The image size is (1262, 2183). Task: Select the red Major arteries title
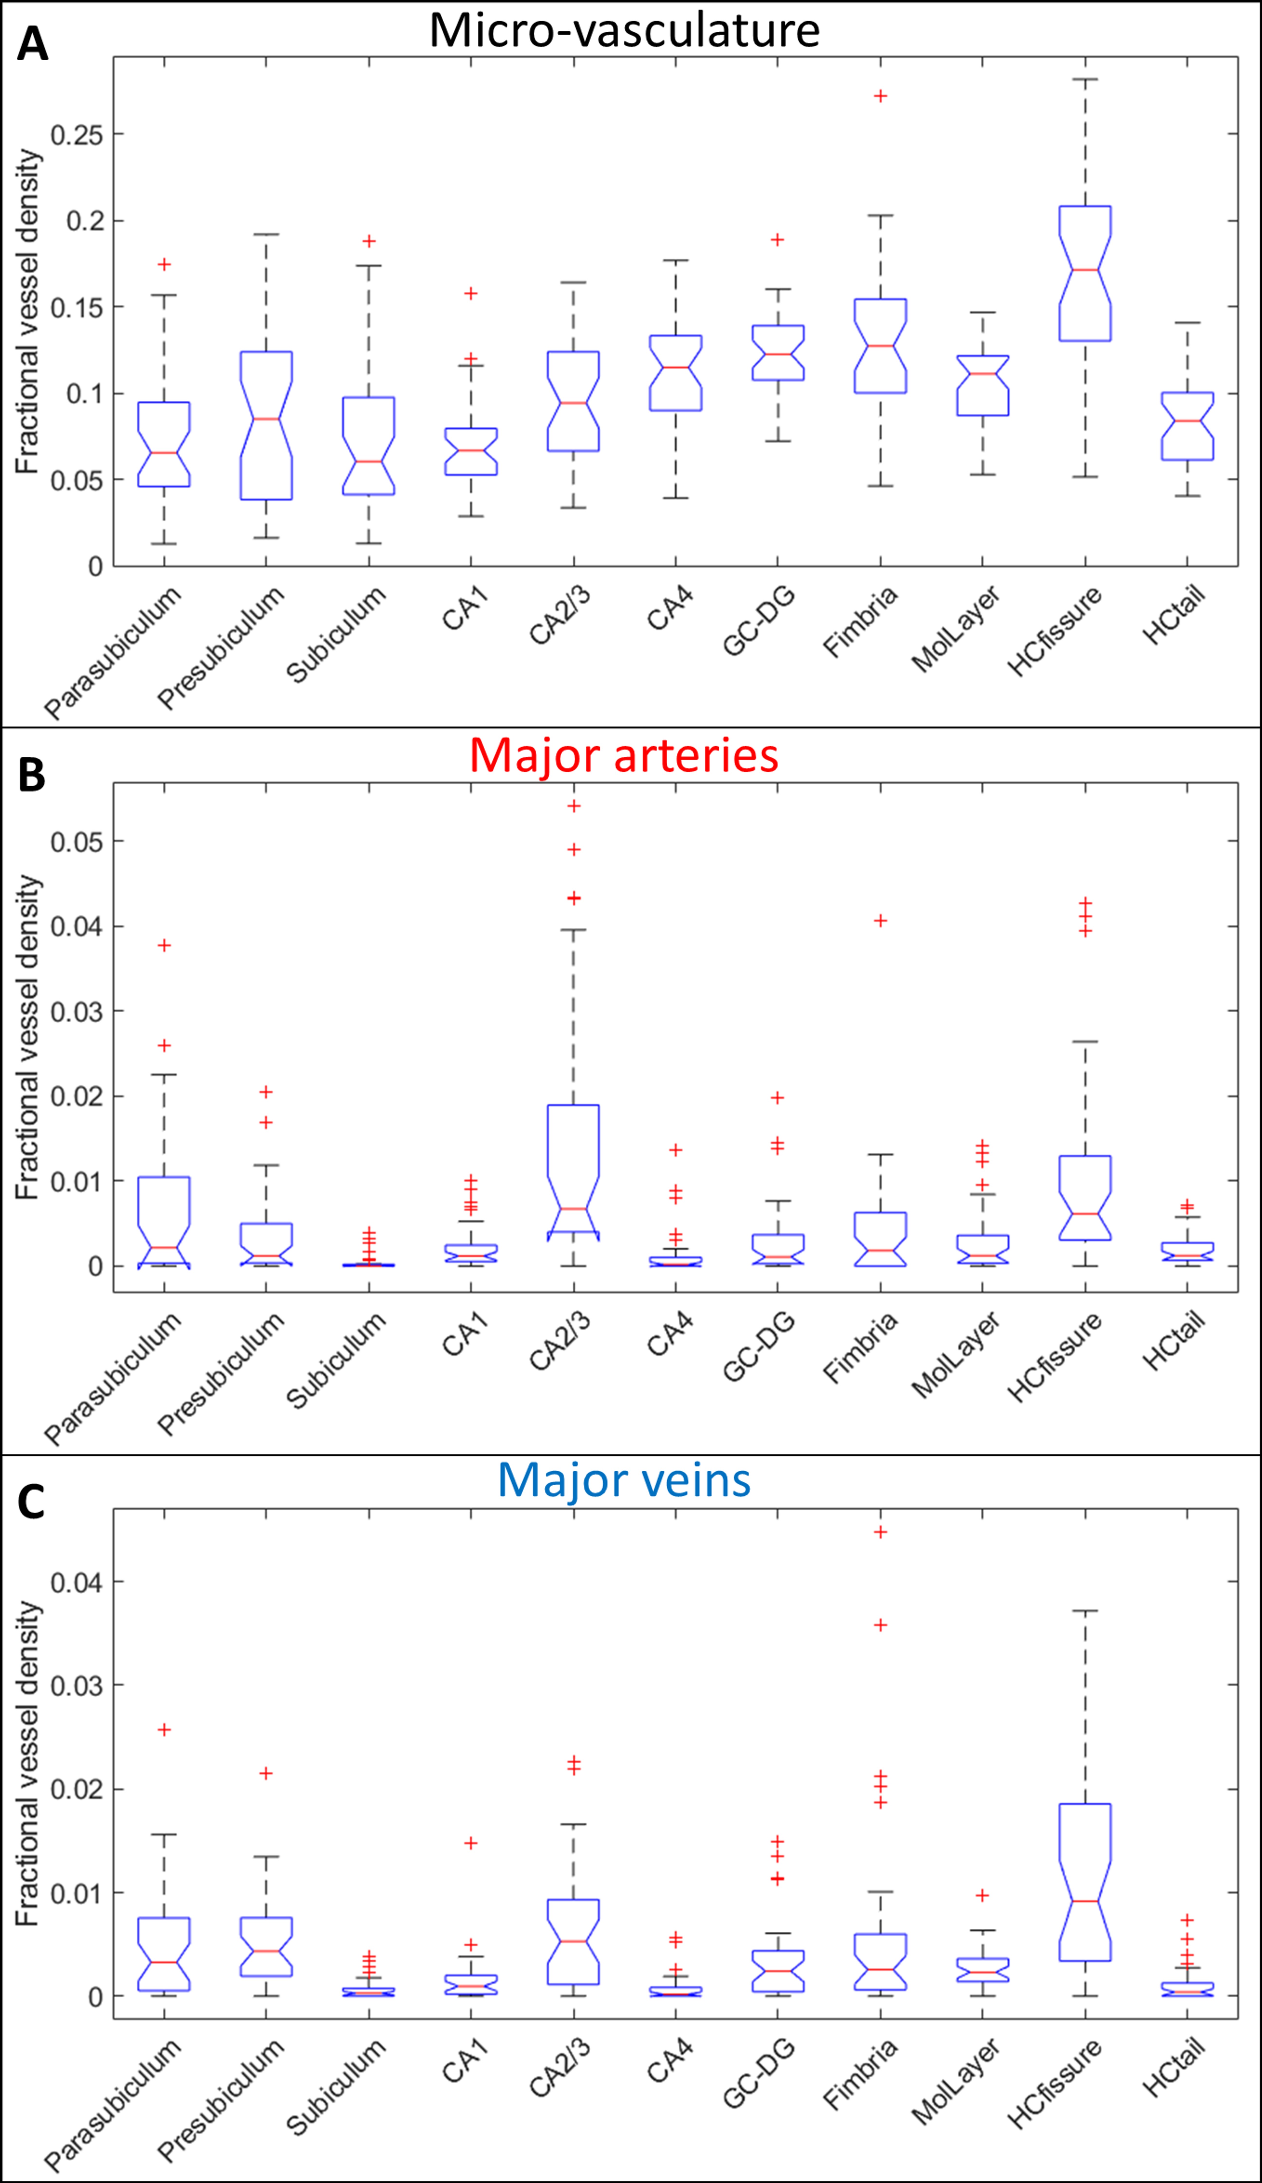click(624, 755)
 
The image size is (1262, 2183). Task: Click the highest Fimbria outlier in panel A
click(880, 96)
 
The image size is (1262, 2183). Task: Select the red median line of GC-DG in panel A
click(778, 354)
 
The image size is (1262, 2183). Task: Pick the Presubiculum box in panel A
click(266, 425)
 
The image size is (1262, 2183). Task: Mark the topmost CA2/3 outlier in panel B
click(573, 806)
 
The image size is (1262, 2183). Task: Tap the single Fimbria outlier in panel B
click(880, 921)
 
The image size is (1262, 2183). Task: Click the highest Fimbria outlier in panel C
click(880, 1532)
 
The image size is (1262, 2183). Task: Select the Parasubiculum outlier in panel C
click(164, 1730)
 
